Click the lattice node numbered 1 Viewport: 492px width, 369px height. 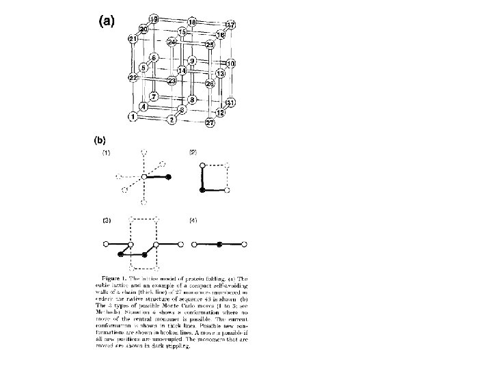tap(131, 117)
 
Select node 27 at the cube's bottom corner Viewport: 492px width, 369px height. tap(210, 123)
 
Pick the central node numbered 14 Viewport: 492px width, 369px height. tap(182, 70)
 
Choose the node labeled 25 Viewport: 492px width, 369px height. tap(209, 44)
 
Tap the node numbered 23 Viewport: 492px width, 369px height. tap(172, 81)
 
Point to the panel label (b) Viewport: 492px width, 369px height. tap(98, 141)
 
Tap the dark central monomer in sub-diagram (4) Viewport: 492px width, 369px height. tap(219, 243)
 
